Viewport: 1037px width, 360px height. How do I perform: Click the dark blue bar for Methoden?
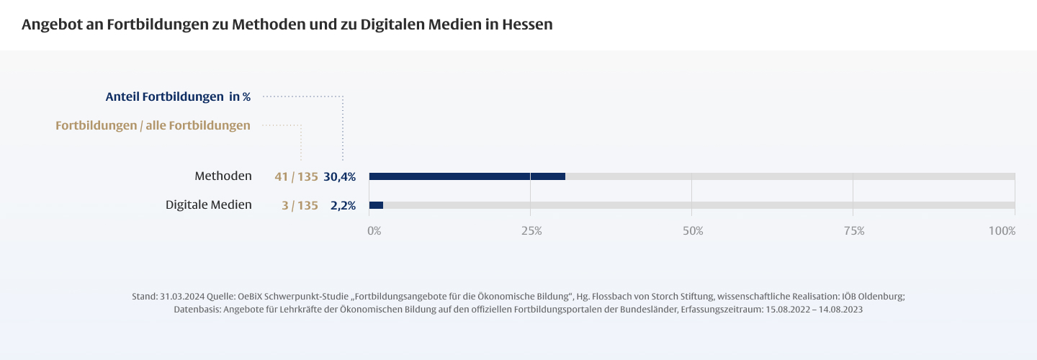click(x=467, y=176)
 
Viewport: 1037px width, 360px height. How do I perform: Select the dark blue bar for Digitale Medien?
click(x=376, y=205)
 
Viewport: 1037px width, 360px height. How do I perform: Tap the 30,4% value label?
click(x=339, y=176)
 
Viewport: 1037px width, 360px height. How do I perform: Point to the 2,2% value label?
click(x=343, y=205)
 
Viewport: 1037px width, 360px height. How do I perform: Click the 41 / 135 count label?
click(x=296, y=176)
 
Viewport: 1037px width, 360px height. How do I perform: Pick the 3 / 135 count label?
click(x=300, y=205)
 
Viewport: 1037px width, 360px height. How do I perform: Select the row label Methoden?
click(x=223, y=176)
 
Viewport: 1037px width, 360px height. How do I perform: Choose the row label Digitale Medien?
click(x=209, y=204)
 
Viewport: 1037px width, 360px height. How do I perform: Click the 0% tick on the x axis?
click(x=374, y=231)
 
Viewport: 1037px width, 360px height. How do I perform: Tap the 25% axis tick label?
click(x=531, y=231)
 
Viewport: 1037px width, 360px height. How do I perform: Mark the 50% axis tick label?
click(x=693, y=231)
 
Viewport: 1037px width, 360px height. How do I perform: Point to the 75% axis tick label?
click(x=854, y=231)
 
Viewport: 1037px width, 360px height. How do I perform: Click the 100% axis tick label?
click(x=1002, y=231)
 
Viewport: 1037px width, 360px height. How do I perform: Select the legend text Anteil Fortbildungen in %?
click(x=178, y=96)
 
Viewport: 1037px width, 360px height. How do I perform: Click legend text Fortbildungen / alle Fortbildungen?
click(x=153, y=125)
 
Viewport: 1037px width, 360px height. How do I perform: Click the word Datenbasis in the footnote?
click(x=197, y=310)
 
